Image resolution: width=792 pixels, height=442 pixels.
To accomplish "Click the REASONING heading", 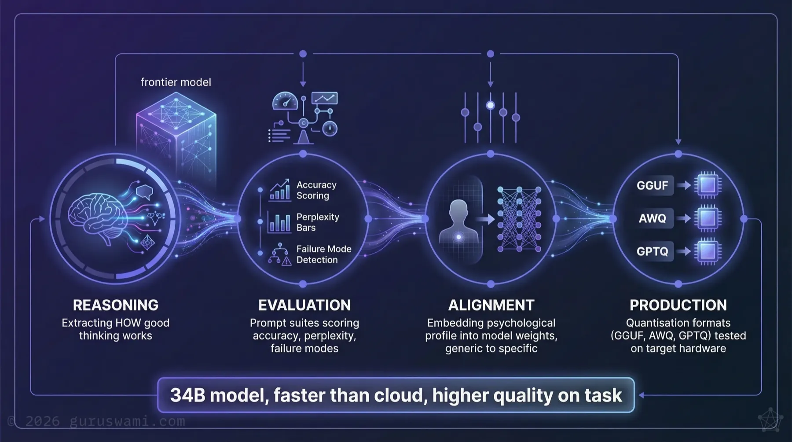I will [115, 305].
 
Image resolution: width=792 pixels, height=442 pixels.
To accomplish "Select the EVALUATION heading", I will [304, 305].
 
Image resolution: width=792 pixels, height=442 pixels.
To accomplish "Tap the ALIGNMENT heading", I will [491, 305].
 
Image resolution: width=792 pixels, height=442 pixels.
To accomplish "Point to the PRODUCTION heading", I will [678, 305].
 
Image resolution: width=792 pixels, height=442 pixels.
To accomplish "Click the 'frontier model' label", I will [176, 82].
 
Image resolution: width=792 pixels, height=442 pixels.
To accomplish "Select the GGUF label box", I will [653, 185].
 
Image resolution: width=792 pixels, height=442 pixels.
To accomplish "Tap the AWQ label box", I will [653, 218].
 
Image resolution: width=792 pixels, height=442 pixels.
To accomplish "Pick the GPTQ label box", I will [653, 251].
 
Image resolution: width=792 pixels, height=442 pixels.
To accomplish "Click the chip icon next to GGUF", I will [708, 185].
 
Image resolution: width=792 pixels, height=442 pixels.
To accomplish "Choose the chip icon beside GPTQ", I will [708, 251].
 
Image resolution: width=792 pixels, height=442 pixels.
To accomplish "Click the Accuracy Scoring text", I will [316, 190].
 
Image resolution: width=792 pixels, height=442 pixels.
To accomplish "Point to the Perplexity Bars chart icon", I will [279, 222].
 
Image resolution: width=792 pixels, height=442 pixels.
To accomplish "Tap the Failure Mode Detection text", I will [323, 254].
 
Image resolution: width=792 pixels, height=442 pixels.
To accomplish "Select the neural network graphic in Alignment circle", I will [519, 219].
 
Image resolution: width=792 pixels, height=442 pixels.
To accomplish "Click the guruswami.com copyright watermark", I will [97, 421].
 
